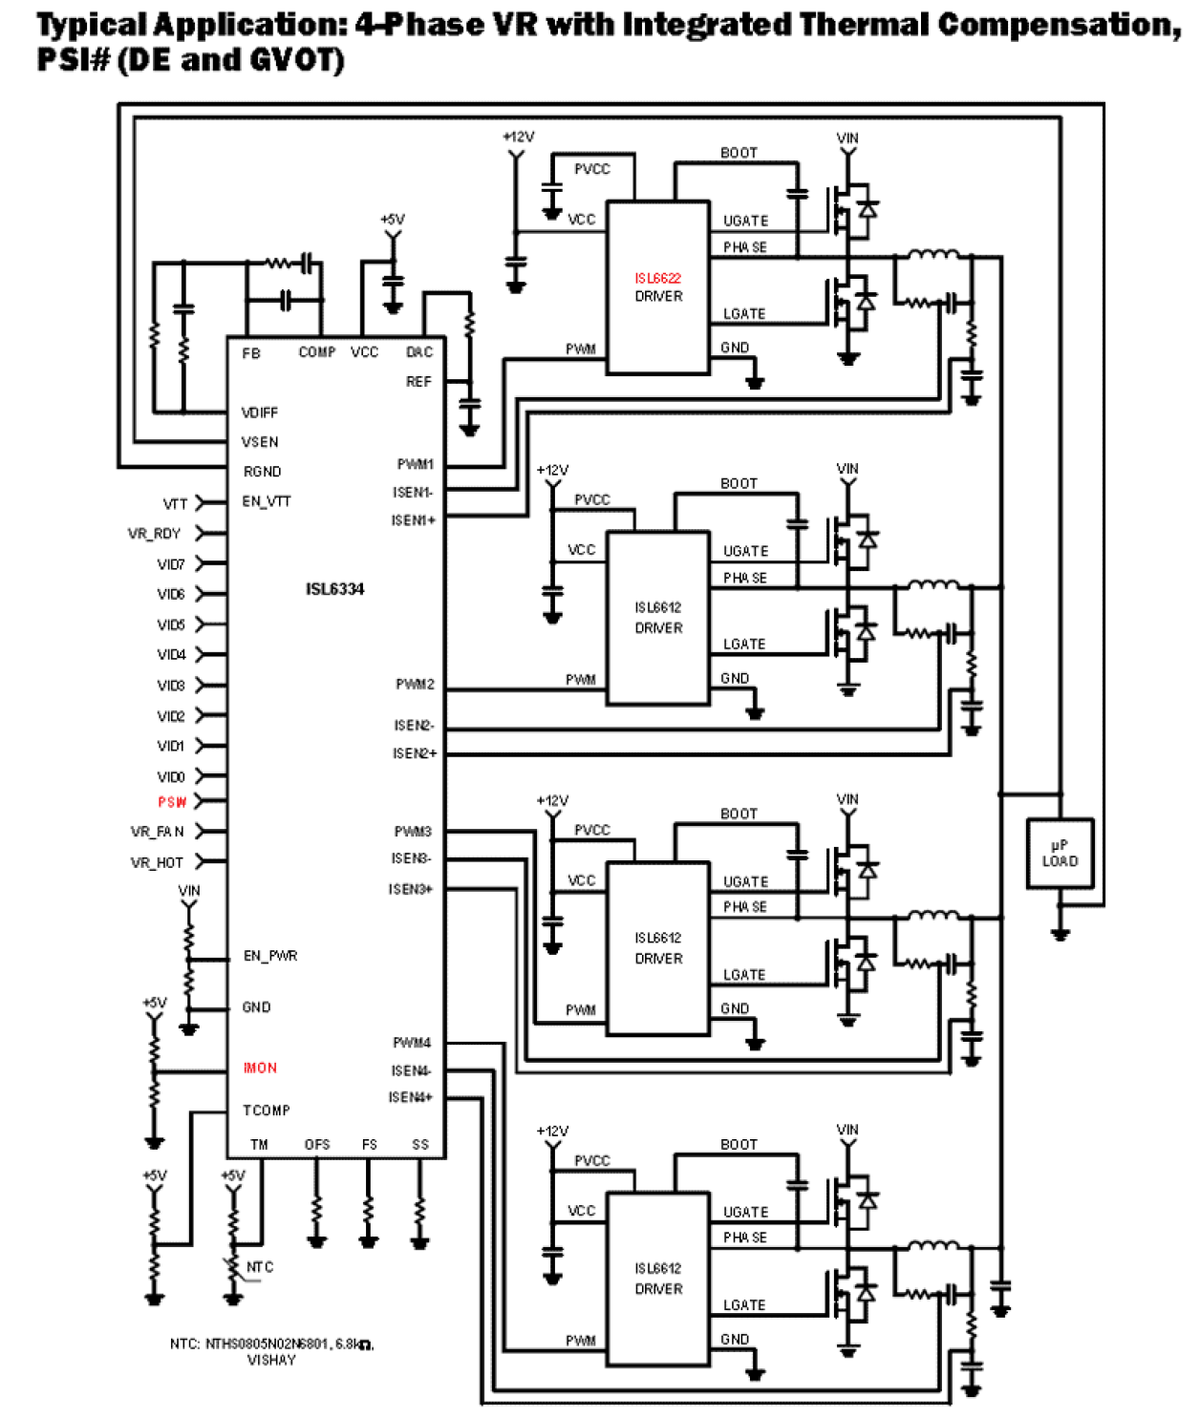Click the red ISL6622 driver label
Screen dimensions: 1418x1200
click(x=657, y=279)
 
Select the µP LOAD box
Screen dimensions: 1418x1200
click(x=1060, y=854)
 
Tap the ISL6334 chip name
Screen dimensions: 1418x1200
click(x=334, y=589)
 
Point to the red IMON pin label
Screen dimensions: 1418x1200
click(x=260, y=1069)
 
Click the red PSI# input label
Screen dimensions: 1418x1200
click(x=172, y=802)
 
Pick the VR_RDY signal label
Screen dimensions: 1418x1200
click(x=154, y=534)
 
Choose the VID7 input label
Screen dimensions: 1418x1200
click(x=171, y=564)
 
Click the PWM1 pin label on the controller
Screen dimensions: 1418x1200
click(x=416, y=464)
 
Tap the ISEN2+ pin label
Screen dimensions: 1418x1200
click(x=414, y=753)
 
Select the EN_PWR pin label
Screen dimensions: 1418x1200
click(x=270, y=956)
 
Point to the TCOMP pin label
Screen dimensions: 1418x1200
click(x=267, y=1111)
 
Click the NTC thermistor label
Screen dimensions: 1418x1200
click(x=260, y=1267)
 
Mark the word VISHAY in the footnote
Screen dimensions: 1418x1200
click(x=271, y=1360)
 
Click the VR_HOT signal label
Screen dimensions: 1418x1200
click(x=157, y=862)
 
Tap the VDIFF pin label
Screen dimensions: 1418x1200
click(x=260, y=413)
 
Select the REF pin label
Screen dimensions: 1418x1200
click(x=418, y=382)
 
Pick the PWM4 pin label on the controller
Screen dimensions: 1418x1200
click(x=412, y=1043)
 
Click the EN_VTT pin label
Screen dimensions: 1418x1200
click(x=267, y=501)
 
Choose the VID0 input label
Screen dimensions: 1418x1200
click(x=171, y=777)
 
